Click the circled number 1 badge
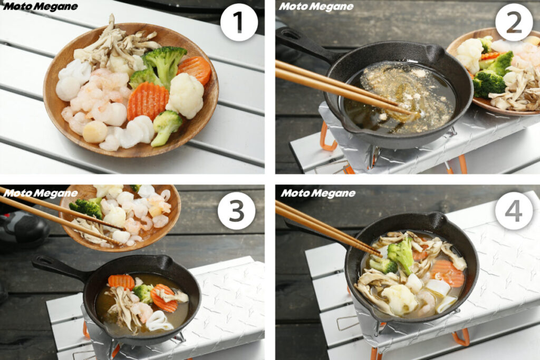(x=239, y=22)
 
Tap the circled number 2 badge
(x=514, y=22)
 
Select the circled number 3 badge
(x=236, y=211)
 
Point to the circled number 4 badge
(x=514, y=211)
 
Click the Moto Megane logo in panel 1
(x=40, y=6)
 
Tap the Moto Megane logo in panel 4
(x=318, y=193)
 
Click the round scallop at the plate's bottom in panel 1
(x=95, y=132)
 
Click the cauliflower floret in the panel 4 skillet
(x=400, y=299)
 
